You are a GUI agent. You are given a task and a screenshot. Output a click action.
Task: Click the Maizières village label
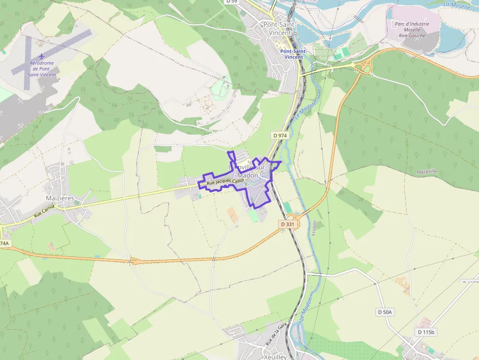tap(59, 198)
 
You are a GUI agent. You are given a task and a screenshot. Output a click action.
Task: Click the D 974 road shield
tap(280, 135)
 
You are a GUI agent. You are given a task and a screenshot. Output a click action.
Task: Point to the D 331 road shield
tap(288, 224)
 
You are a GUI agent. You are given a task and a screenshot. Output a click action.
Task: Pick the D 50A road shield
tap(385, 312)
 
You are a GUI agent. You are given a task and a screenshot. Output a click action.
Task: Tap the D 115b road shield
tap(426, 332)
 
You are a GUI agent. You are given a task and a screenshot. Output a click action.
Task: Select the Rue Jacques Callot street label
tap(225, 182)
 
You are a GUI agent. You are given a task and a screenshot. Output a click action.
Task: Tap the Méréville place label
tap(427, 172)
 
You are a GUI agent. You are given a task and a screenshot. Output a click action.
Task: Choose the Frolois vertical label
tap(315, 228)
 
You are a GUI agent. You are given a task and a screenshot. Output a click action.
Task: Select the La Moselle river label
tap(457, 5)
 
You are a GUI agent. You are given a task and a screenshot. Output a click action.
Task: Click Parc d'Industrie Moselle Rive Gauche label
tap(412, 29)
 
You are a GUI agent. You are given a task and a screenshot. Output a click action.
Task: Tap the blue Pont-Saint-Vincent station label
tap(294, 54)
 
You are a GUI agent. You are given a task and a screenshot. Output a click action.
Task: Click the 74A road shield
tap(4, 243)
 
